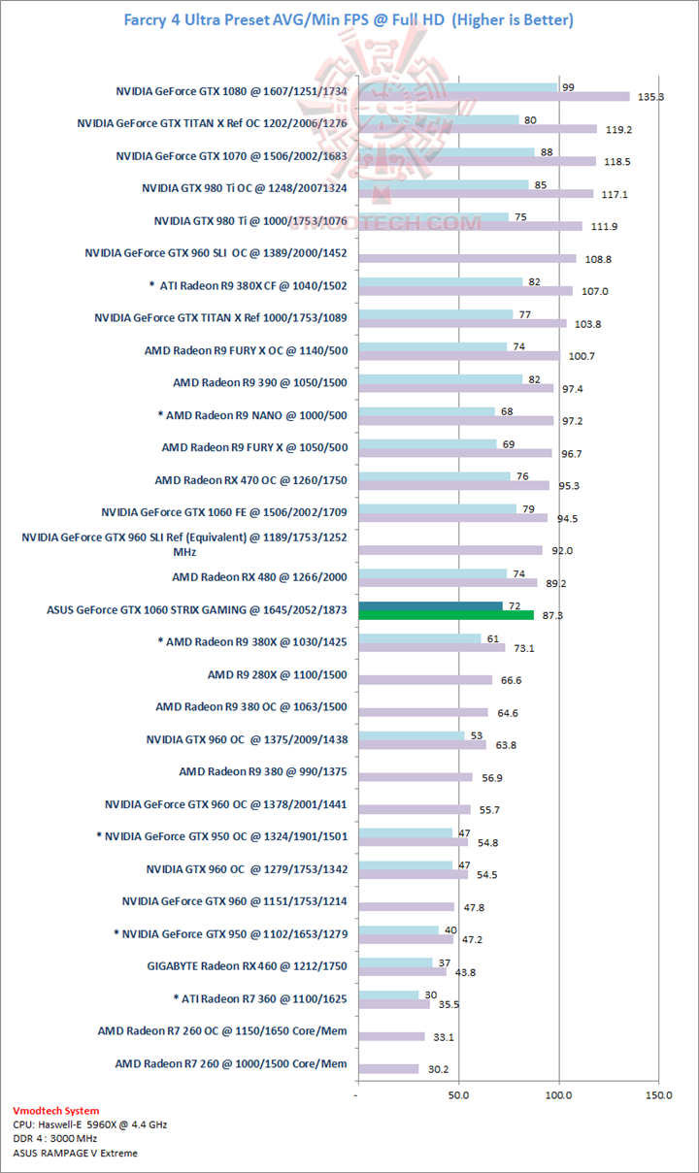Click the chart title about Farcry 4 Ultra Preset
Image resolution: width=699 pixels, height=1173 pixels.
coord(349,19)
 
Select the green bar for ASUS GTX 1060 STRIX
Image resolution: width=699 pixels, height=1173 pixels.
coord(446,614)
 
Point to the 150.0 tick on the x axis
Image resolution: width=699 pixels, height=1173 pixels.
coord(658,1094)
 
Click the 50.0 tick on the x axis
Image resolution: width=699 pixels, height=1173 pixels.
coord(459,1094)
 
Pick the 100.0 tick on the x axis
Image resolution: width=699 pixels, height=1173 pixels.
coord(559,1094)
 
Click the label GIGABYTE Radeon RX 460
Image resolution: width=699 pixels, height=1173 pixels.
coord(247,965)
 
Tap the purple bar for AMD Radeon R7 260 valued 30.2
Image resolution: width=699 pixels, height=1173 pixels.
coord(388,1068)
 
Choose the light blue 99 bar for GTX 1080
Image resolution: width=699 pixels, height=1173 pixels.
coord(458,87)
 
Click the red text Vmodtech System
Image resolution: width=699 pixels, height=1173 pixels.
coord(55,1111)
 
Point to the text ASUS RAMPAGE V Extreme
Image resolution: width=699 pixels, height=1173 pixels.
coord(75,1153)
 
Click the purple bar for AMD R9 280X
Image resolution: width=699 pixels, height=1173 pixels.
coord(425,680)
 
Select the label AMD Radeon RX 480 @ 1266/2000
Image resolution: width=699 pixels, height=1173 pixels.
coord(259,577)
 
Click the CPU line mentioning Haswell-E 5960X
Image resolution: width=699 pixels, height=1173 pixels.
coord(89,1124)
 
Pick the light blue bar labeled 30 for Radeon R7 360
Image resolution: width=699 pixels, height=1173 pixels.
coord(388,994)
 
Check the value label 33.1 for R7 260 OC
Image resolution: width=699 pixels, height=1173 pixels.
coord(444,1037)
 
